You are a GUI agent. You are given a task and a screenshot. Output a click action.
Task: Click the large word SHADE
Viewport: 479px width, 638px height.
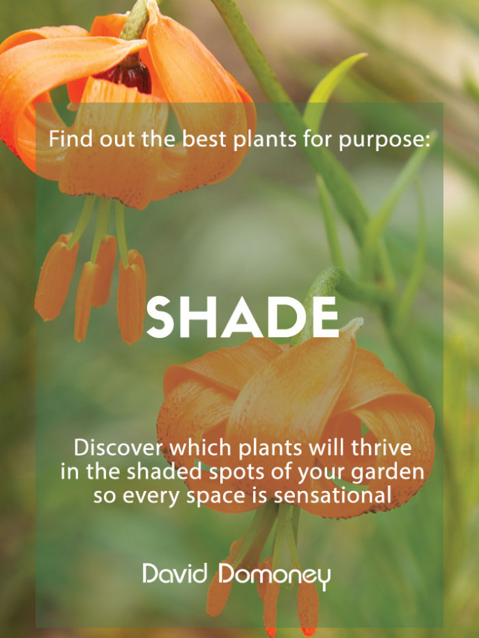pos(243,317)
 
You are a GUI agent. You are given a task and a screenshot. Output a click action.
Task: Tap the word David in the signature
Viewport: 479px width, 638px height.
pos(175,573)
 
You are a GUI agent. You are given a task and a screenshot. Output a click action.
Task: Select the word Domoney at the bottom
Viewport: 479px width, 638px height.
pos(275,576)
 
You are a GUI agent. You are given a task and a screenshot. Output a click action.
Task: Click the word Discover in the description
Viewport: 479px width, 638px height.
pos(118,448)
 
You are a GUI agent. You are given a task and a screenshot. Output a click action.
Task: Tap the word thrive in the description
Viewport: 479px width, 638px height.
pos(381,448)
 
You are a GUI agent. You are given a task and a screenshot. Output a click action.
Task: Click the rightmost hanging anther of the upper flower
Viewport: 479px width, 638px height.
pos(131,297)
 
